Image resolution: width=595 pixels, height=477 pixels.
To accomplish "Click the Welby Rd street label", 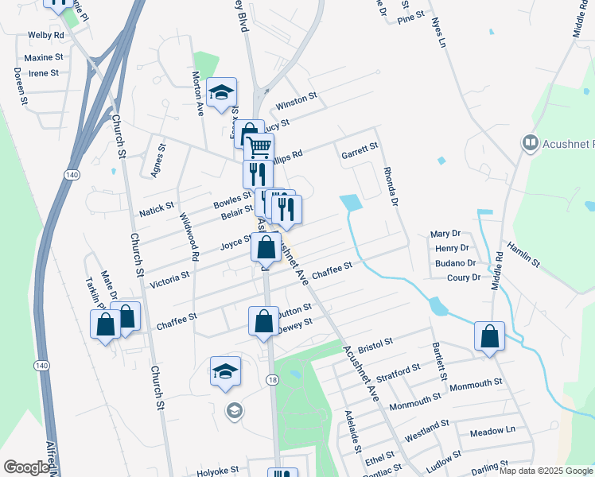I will (x=45, y=36).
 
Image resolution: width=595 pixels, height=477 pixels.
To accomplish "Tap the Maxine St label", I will (x=44, y=58).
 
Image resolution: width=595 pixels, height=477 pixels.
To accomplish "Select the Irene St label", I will (x=44, y=73).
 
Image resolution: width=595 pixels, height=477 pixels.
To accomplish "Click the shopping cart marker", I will (x=259, y=147).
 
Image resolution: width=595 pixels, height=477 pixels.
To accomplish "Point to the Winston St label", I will (x=296, y=101).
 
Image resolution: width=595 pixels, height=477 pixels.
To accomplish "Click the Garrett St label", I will (x=359, y=149).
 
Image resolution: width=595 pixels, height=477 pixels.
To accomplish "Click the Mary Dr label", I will (x=445, y=234).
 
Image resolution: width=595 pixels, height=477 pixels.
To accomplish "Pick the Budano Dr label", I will (x=456, y=262).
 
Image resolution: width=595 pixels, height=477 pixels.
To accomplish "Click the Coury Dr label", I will (x=464, y=277).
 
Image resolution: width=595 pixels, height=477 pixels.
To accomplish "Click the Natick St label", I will (x=156, y=210).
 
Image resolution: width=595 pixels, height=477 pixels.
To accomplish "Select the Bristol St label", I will (x=376, y=344).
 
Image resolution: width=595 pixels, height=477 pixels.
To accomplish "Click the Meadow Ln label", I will (x=492, y=431).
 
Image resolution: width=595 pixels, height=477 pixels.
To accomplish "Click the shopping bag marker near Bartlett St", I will (x=489, y=335).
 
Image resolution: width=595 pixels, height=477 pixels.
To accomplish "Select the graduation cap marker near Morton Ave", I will (x=221, y=93).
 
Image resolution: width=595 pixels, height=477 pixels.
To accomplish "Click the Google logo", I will (x=26, y=467).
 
